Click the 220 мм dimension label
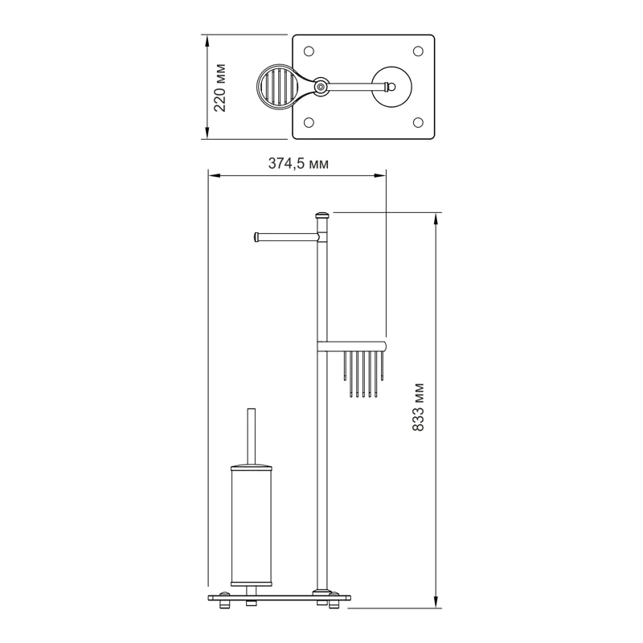(x=220, y=86)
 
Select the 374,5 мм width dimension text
(x=297, y=163)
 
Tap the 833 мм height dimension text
(x=417, y=408)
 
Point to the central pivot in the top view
(x=321, y=85)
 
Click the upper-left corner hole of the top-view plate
(x=308, y=51)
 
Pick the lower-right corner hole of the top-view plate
(x=417, y=122)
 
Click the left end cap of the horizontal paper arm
(x=256, y=236)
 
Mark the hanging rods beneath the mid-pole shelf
(x=366, y=375)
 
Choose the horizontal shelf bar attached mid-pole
(x=354, y=347)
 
